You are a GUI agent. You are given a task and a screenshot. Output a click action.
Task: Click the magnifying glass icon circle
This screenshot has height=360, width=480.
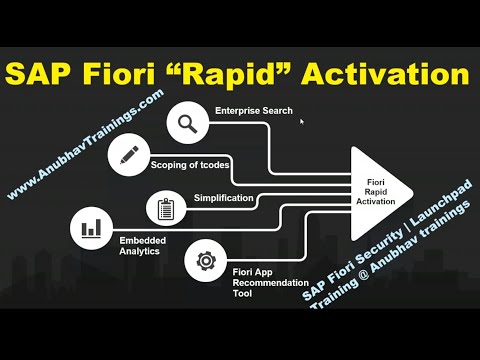click(187, 124)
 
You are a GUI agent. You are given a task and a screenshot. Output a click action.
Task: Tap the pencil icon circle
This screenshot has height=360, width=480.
click(128, 156)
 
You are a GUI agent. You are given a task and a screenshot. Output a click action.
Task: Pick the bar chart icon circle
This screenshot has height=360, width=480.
click(92, 227)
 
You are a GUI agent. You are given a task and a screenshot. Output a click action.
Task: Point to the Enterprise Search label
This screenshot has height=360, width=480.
click(254, 111)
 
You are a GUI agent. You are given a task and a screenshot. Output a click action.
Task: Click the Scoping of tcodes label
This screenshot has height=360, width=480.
click(189, 163)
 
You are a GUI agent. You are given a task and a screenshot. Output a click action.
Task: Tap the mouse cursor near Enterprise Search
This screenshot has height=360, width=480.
click(301, 122)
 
